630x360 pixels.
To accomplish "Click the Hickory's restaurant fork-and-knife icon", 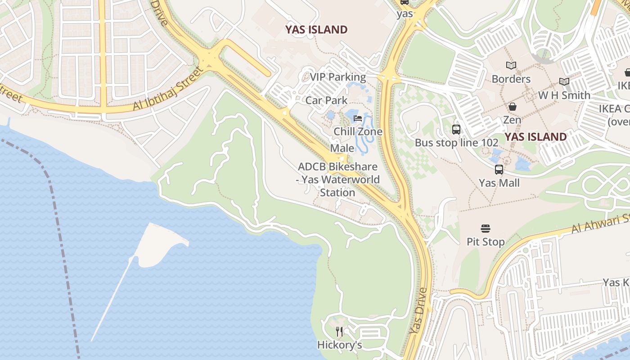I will (339, 332).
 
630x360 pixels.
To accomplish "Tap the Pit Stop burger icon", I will (486, 229).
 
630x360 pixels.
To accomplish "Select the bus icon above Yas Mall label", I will (499, 170).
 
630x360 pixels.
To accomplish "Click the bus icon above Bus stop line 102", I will (456, 130).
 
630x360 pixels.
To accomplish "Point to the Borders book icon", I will (511, 66).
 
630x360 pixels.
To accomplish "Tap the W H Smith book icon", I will (564, 82).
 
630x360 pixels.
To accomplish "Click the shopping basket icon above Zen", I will (512, 107).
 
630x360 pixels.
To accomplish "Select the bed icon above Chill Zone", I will (358, 119).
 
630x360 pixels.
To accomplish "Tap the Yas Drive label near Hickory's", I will (418, 310).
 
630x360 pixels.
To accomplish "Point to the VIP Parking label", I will (337, 77).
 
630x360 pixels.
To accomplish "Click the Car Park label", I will (326, 100).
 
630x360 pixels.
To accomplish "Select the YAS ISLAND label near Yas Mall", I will (535, 137).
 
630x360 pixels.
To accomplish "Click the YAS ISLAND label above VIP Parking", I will (316, 30).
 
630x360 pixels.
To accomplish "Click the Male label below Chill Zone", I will (342, 148).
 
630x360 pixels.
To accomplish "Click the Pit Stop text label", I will (486, 242).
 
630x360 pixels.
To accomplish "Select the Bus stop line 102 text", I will (456, 143).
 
